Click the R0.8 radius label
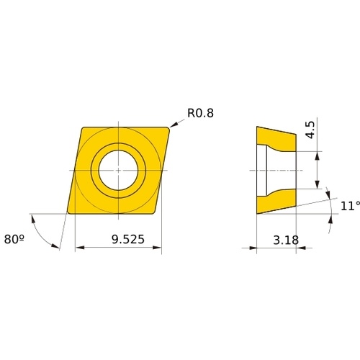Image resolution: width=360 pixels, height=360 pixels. tap(200, 113)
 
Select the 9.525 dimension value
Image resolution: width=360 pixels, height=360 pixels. tap(128, 239)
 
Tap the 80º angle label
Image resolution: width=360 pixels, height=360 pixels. tap(14, 239)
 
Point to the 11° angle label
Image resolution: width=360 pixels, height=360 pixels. tap(350, 206)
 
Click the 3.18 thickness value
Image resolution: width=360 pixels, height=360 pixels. tap(286, 240)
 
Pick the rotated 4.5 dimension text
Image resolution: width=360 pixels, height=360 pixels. tap(311, 130)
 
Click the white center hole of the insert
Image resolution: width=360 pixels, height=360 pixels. tap(118, 170)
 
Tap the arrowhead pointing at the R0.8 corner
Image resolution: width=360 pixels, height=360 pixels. tap(174, 125)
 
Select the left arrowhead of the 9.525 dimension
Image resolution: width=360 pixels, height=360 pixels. tap(80, 248)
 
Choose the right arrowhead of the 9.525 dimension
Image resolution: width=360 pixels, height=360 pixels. tap(157, 248)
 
